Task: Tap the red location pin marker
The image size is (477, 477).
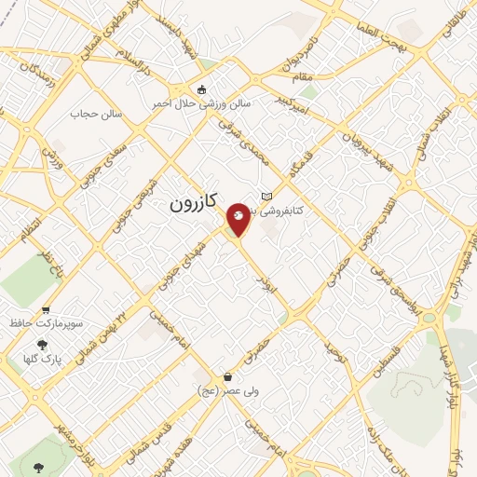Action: [x=238, y=219]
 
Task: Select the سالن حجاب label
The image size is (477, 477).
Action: [x=90, y=114]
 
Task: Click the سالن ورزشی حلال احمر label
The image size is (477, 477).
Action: [x=202, y=103]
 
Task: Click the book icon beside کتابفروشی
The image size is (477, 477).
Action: [x=268, y=197]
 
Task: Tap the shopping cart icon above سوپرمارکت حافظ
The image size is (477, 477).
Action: [x=46, y=310]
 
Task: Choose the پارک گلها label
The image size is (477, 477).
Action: [x=43, y=358]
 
